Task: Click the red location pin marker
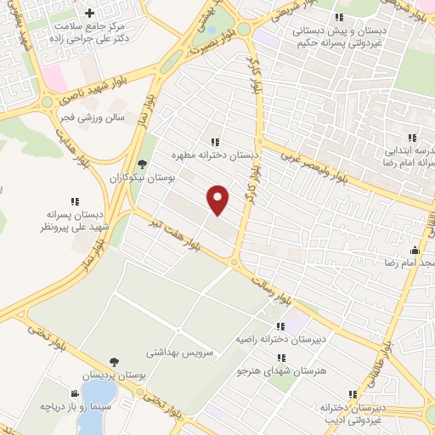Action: click(x=218, y=199)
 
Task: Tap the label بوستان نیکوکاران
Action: click(x=141, y=178)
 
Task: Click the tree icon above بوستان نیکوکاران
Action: click(x=141, y=165)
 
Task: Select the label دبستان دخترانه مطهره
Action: click(x=215, y=155)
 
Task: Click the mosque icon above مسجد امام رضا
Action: click(x=415, y=250)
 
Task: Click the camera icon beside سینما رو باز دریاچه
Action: click(x=76, y=393)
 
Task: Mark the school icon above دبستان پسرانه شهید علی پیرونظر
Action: click(x=75, y=201)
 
